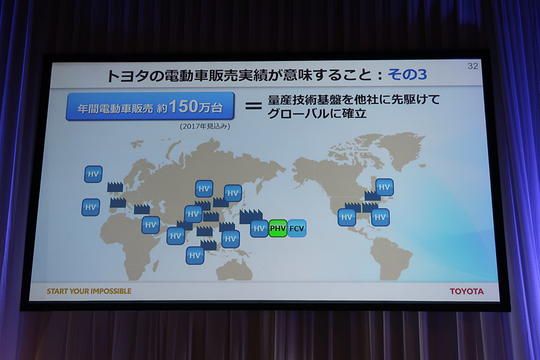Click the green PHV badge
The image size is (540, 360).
(x=278, y=228)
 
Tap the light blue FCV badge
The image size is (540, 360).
(x=297, y=229)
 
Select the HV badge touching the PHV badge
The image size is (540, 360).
(x=259, y=228)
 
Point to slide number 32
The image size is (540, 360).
(x=473, y=66)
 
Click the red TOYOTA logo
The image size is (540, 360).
(x=466, y=291)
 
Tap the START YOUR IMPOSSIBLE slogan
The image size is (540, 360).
(x=89, y=291)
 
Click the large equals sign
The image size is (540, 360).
(x=252, y=106)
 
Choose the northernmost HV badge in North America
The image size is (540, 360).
(x=384, y=187)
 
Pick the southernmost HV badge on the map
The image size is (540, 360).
(x=195, y=255)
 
